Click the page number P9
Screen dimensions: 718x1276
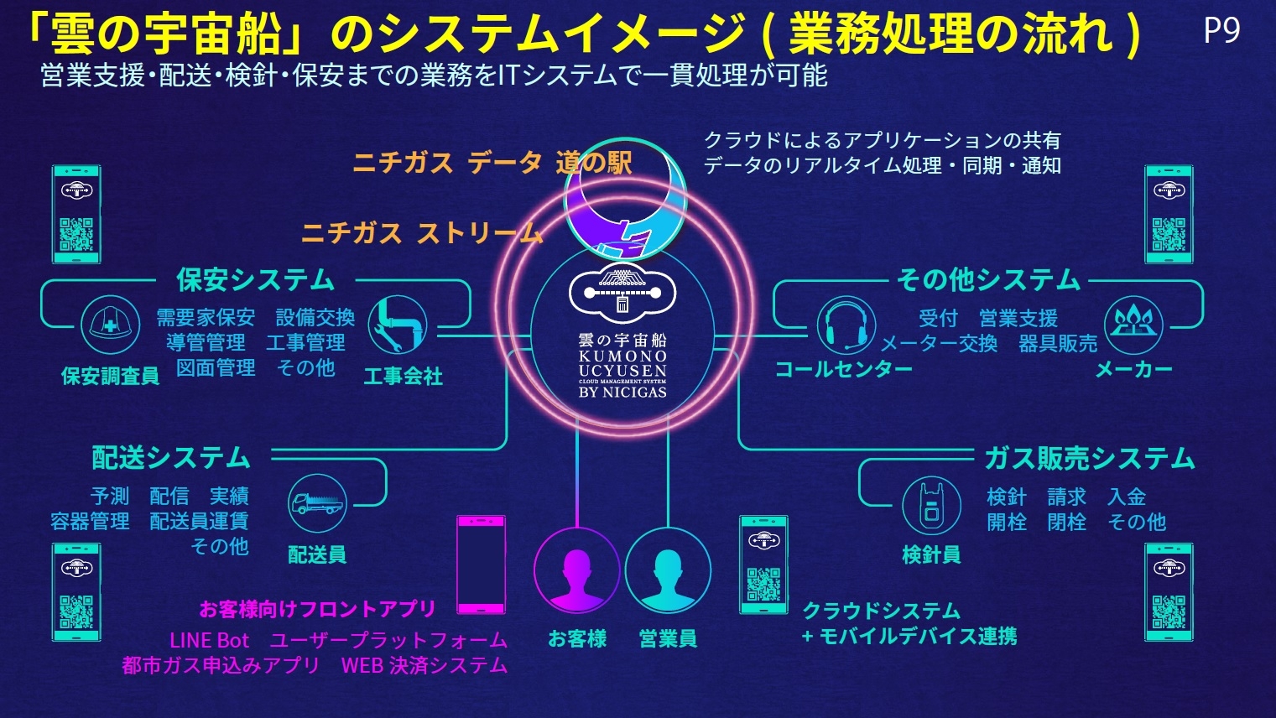click(1221, 30)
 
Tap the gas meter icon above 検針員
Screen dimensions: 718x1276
click(931, 506)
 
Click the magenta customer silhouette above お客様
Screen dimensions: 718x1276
click(576, 570)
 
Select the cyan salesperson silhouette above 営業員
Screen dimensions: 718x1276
click(668, 570)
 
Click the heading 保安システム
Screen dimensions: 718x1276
click(255, 280)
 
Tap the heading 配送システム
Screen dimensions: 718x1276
click(171, 457)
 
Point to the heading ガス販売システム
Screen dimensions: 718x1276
click(1089, 458)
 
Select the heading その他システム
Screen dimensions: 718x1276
click(988, 280)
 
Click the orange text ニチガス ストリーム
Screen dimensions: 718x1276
click(422, 233)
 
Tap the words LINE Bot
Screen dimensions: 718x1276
click(209, 640)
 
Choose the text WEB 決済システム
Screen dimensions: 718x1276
click(424, 665)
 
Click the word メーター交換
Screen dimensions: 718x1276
click(939, 343)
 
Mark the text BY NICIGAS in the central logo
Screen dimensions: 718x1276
click(622, 392)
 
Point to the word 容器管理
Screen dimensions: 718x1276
click(90, 521)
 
